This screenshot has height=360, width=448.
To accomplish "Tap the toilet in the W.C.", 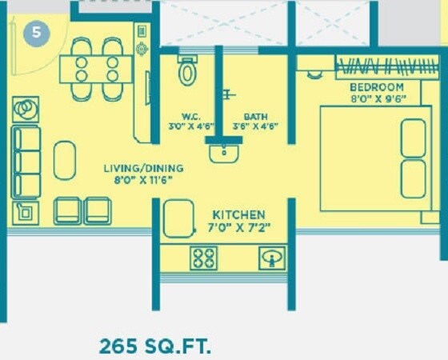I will (x=188, y=71).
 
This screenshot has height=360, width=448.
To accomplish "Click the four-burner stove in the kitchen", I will (x=203, y=258).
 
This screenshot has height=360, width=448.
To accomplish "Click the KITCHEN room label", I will (x=238, y=215).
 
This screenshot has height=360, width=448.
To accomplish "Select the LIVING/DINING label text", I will (x=143, y=168).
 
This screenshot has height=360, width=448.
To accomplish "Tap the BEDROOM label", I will (x=376, y=86).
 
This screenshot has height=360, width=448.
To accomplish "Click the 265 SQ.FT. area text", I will (x=155, y=346).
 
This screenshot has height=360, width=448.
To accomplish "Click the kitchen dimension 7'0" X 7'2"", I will (x=238, y=229).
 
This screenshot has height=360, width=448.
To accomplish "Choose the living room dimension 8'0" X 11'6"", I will (x=143, y=181).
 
